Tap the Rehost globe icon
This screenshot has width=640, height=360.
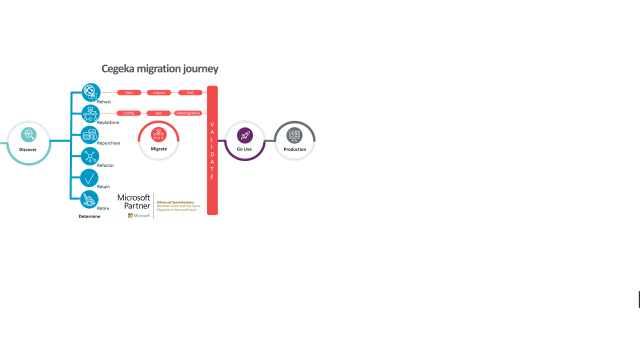click(90, 92)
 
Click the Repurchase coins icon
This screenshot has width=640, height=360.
click(90, 135)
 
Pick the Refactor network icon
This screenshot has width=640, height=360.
click(90, 156)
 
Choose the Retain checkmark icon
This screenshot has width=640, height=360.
click(89, 178)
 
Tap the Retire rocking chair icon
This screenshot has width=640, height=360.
click(89, 199)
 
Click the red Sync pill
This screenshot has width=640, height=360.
click(129, 92)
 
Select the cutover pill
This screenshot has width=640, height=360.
click(159, 92)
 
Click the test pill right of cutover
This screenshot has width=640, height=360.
click(190, 92)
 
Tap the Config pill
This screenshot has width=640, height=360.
click(128, 113)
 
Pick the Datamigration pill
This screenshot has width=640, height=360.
click(188, 113)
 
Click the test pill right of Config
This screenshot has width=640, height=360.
click(158, 113)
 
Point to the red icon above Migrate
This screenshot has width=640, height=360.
click(158, 134)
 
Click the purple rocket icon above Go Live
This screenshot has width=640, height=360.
click(244, 135)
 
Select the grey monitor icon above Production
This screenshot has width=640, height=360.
click(294, 135)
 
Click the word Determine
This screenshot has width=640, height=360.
click(89, 216)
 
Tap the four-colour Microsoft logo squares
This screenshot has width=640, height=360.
click(130, 215)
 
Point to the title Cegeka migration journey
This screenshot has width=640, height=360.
click(160, 68)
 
